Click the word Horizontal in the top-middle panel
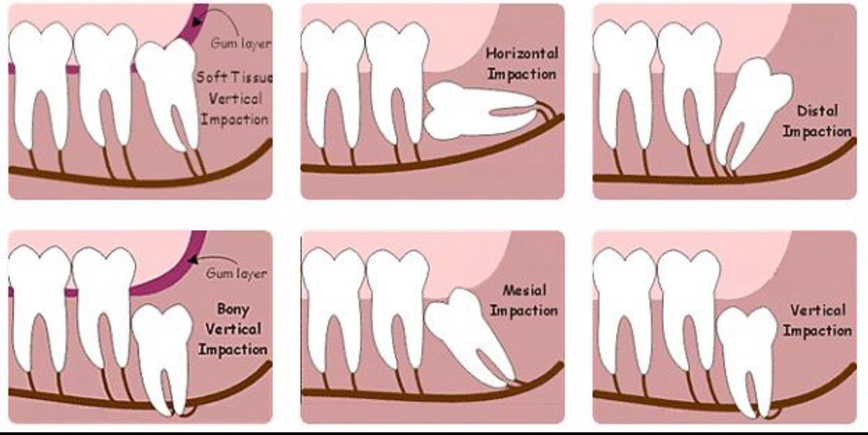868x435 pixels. coord(522,53)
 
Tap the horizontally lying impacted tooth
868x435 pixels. coord(473,110)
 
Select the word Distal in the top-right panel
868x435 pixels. coord(817,110)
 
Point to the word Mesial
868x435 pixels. coord(525,291)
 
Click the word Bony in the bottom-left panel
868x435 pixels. coord(233,309)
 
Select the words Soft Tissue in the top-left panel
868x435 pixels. coord(234,77)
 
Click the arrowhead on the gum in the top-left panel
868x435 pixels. coord(196,22)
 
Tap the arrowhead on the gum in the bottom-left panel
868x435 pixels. coord(193,258)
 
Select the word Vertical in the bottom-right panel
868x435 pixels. coord(818,311)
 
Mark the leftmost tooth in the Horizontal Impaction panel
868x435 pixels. coord(332,81)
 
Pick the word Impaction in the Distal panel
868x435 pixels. coord(817,131)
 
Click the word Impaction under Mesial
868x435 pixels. coord(524,311)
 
